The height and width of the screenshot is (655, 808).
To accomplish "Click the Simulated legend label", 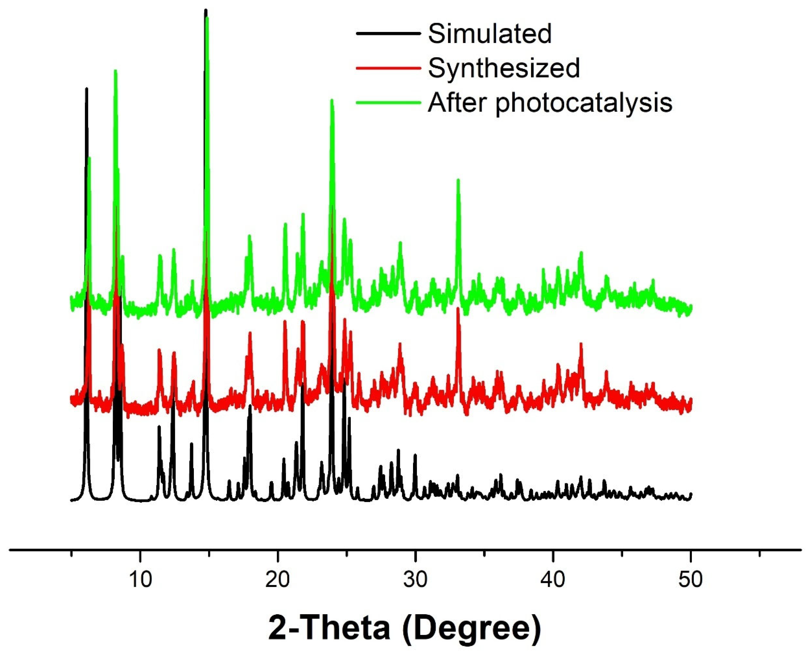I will point(490,34).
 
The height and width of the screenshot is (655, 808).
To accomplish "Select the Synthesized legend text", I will point(504,68).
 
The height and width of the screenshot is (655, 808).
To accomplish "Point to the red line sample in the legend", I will point(388,68).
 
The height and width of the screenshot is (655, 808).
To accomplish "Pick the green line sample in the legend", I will point(388,102).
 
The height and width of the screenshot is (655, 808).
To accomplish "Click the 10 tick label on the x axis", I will point(140,580).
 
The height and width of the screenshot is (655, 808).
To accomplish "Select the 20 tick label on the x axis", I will point(277,580).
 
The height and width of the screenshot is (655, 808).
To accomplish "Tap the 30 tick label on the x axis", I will point(415,580).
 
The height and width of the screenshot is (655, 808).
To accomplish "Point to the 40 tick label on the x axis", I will point(553,580).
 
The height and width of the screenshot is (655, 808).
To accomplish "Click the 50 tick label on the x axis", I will point(691,580).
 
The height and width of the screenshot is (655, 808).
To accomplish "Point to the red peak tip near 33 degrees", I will point(458,309).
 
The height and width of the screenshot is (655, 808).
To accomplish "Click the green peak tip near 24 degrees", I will point(332,100).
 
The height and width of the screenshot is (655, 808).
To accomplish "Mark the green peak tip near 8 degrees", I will point(116,71).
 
